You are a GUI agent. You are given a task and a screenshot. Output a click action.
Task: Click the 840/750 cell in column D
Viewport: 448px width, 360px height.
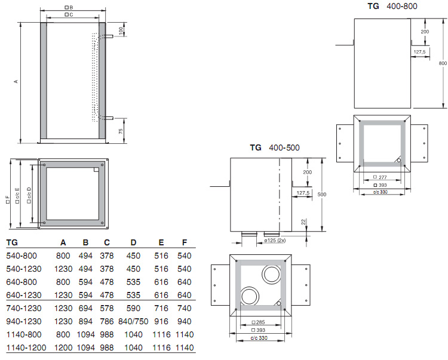133,321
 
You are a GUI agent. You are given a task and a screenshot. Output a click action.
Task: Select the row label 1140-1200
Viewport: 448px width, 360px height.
26,347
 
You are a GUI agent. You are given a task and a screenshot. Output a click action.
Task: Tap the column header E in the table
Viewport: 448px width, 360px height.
161,242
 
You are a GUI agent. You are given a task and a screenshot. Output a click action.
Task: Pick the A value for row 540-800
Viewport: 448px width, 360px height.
63,256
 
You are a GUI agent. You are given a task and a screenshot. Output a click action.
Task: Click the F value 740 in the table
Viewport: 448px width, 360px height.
185,308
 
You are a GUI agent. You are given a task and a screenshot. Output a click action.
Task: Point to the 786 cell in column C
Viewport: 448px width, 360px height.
107,321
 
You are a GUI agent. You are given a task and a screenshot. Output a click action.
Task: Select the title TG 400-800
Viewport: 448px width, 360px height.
392,6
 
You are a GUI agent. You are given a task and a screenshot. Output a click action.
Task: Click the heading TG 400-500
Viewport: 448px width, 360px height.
275,147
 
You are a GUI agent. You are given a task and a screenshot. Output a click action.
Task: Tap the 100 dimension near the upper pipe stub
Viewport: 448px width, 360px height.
121,30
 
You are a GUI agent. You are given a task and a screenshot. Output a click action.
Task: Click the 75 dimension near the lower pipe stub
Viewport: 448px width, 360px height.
121,131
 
